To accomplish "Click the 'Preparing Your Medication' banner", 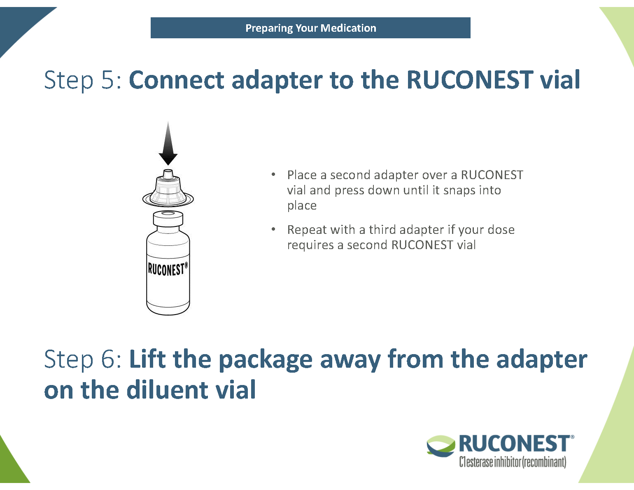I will point(310,28).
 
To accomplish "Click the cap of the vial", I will point(168,218).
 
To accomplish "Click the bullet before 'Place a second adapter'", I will point(273,175).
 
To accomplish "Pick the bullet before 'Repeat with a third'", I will point(273,229).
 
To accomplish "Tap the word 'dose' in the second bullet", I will point(501,229).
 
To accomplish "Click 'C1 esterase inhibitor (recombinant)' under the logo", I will point(513,462).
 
